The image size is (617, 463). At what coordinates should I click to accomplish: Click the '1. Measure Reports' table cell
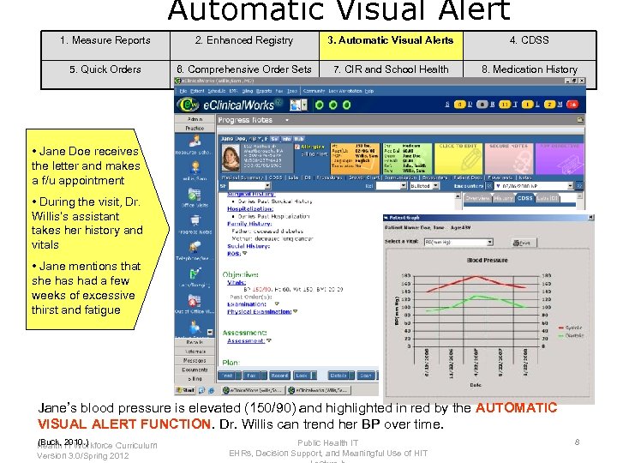click(105, 40)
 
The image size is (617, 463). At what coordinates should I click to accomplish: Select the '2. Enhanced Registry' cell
click(243, 40)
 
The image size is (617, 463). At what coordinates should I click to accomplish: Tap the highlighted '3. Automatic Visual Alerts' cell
click(391, 40)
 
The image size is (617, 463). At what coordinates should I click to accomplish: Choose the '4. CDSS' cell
click(529, 40)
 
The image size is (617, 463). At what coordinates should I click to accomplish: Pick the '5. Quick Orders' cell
click(105, 69)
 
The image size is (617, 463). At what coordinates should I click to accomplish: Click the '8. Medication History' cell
click(529, 69)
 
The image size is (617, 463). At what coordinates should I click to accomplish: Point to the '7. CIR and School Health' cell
click(391, 69)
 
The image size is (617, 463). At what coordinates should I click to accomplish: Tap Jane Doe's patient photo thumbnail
click(231, 157)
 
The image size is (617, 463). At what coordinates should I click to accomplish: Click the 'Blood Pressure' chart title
click(488, 260)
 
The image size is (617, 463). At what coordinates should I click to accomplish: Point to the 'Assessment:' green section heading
click(244, 333)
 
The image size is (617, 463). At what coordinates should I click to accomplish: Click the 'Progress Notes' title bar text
click(246, 121)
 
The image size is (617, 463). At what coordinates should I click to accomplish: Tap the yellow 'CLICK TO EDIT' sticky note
click(458, 159)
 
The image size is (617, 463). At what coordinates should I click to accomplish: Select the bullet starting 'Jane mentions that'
click(86, 288)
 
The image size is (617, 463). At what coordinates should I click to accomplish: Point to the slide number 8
click(578, 442)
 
